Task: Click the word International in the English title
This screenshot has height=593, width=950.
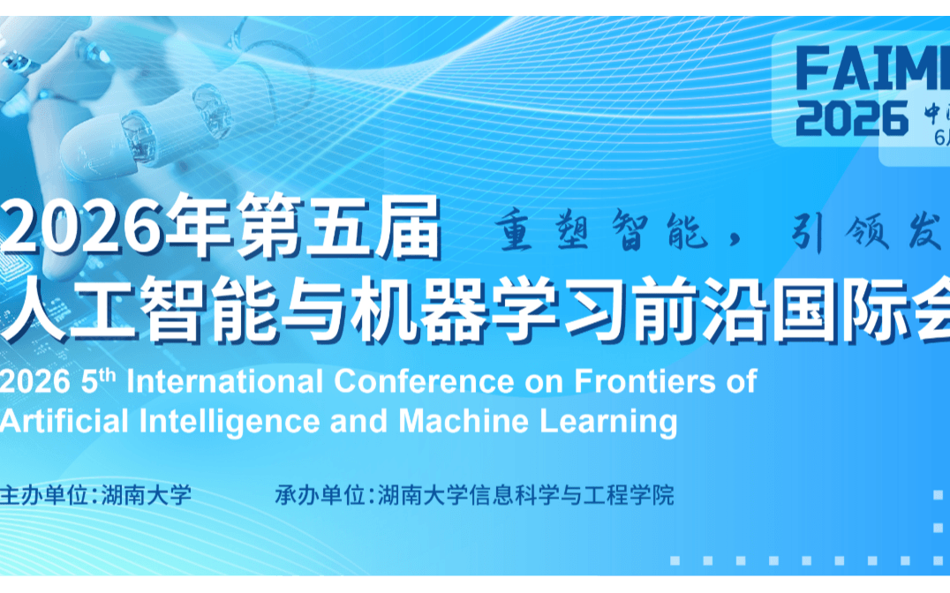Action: (226, 381)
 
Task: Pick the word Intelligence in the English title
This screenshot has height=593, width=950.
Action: (226, 421)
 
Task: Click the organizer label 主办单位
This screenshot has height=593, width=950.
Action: (46, 495)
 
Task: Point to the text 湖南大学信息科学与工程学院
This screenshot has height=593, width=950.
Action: (525, 495)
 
